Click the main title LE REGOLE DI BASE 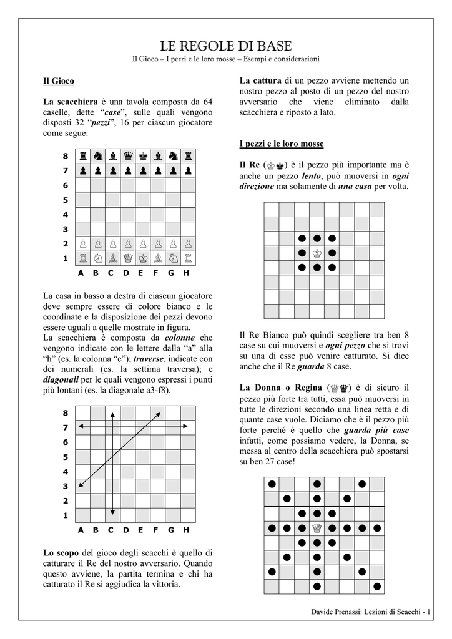tap(225, 46)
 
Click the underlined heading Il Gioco tap(58, 81)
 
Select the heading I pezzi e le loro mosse tap(282, 144)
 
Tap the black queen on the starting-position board tap(127, 155)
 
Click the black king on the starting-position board tap(143, 155)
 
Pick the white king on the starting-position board tap(143, 258)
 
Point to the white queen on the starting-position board tap(127, 258)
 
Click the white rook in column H tap(188, 258)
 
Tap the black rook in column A tap(82, 155)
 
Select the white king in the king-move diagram tap(317, 253)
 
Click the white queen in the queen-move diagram tap(317, 529)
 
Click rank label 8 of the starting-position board tap(65, 155)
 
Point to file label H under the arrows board tap(186, 530)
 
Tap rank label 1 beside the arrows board tap(65, 515)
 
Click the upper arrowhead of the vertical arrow tap(112, 414)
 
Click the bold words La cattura tap(260, 80)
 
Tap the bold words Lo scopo tap(61, 552)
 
